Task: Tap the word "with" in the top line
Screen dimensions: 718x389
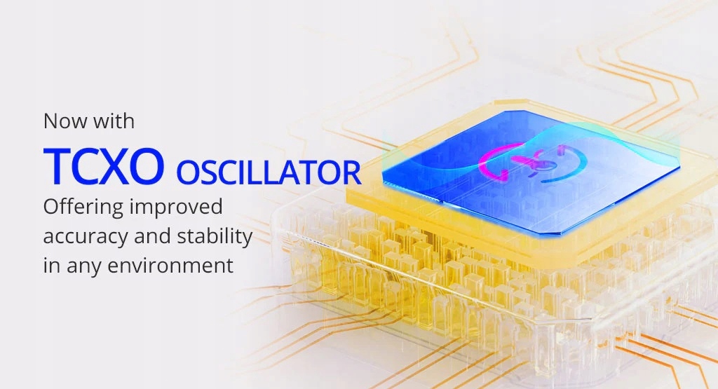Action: [114, 121]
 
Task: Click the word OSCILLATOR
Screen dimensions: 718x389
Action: [269, 172]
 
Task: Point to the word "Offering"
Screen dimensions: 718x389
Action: [83, 207]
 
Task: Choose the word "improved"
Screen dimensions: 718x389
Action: [176, 207]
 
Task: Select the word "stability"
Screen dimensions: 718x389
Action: [215, 237]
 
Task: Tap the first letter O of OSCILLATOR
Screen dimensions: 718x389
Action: [189, 172]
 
